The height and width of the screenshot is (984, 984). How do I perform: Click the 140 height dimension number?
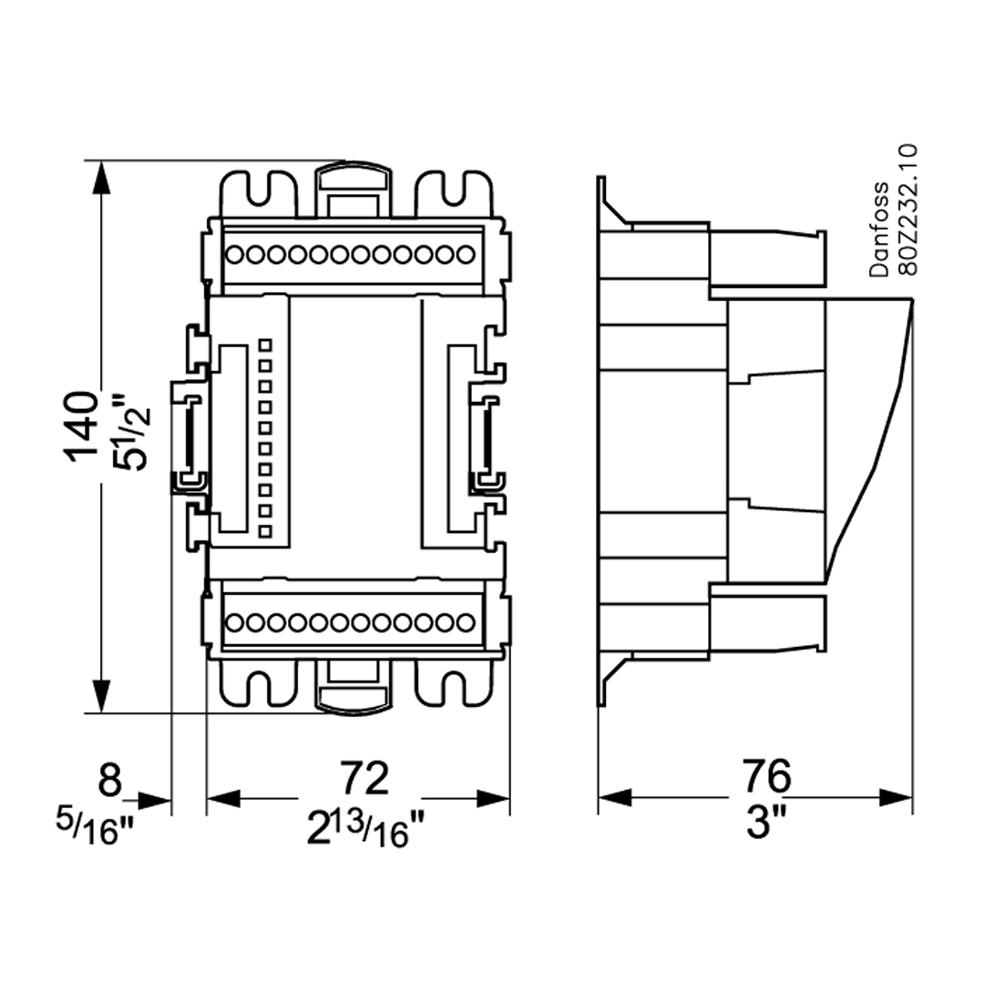click(83, 427)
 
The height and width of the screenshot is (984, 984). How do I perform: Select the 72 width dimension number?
click(364, 776)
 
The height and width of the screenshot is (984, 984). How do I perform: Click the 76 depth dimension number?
click(765, 776)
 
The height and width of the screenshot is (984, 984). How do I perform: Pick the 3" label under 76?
click(766, 825)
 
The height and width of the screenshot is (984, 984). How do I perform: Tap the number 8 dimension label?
click(109, 780)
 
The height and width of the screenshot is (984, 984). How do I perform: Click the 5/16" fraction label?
click(95, 825)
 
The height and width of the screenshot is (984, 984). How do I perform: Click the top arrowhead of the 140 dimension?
click(102, 178)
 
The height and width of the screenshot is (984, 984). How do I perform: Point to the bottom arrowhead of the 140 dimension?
click(102, 696)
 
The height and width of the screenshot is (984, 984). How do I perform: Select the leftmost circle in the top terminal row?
click(234, 254)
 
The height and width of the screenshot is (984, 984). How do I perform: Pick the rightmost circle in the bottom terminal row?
click(466, 622)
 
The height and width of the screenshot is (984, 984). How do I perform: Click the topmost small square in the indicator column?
click(265, 345)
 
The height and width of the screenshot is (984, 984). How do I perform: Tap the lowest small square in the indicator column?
click(265, 531)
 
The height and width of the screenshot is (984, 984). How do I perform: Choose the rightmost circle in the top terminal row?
click(466, 254)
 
